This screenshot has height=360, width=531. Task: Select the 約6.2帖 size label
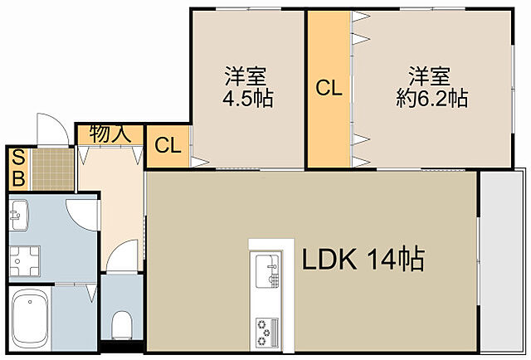pos(431,99)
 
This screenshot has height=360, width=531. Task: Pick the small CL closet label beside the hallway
pos(168,145)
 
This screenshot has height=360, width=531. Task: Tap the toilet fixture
pos(122,322)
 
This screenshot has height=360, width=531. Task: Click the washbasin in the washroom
pos(19,217)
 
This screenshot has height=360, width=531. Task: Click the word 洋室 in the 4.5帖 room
pos(246,76)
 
